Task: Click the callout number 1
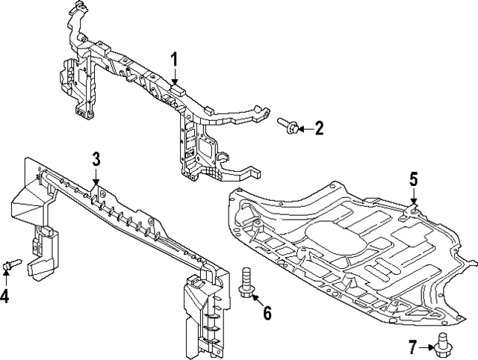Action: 174,59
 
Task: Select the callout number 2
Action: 319,129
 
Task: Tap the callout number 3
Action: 96,158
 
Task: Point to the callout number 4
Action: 6,297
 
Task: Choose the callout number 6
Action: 267,311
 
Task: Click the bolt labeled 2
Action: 288,125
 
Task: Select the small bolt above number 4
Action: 10,264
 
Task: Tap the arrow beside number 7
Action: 427,346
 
